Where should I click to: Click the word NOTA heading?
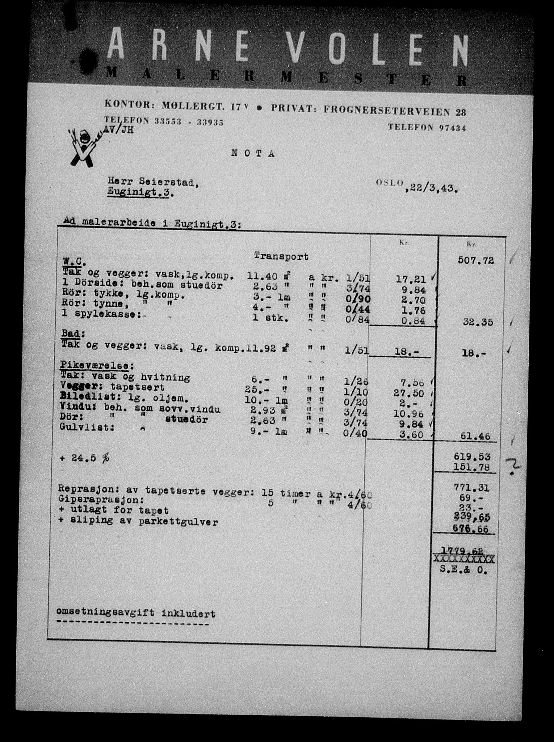coord(253,153)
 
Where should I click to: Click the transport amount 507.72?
coord(475,260)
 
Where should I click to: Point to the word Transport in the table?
coord(281,257)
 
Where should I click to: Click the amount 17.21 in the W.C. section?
coord(412,279)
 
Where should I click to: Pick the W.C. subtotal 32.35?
coord(478,322)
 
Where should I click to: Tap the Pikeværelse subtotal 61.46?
coord(475,436)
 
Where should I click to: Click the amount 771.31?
coord(471,488)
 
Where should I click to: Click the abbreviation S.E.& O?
coord(464,570)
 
